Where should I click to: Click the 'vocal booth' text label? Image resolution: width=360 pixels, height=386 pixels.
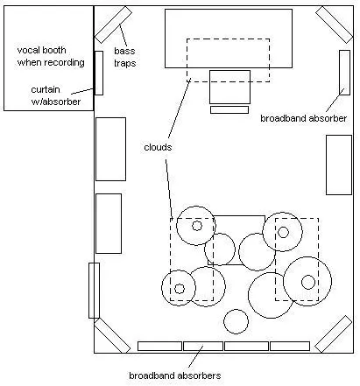click(41, 50)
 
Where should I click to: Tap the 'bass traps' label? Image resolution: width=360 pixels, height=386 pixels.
click(124, 57)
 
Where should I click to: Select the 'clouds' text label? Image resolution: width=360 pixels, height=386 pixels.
click(158, 147)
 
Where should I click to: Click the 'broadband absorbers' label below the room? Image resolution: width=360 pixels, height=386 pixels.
click(174, 375)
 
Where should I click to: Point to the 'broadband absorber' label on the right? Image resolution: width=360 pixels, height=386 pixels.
click(303, 118)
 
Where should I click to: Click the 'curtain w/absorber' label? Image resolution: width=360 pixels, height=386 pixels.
click(55, 95)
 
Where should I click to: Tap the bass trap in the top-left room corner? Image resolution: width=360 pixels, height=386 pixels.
click(113, 25)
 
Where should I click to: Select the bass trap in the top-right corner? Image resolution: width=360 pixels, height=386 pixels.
click(335, 25)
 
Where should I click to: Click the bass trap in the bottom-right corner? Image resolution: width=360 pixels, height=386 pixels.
click(334, 333)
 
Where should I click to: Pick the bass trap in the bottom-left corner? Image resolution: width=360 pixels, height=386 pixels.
click(112, 335)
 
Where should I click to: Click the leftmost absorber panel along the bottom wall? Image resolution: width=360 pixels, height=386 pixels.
click(159, 346)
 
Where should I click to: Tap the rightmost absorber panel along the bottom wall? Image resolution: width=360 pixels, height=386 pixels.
click(290, 346)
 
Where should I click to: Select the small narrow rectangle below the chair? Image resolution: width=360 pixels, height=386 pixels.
click(229, 109)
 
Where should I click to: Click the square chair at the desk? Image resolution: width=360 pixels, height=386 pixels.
click(229, 87)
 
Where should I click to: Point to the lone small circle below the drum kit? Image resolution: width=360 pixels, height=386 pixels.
click(236, 321)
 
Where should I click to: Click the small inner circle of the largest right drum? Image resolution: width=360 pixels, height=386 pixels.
click(308, 282)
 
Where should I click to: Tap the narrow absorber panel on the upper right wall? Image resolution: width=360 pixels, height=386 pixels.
click(344, 73)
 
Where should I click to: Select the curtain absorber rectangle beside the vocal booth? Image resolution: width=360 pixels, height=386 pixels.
click(99, 73)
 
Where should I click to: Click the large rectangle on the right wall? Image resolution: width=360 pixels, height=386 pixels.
click(339, 165)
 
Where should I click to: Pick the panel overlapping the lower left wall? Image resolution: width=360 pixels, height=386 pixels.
click(94, 291)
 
